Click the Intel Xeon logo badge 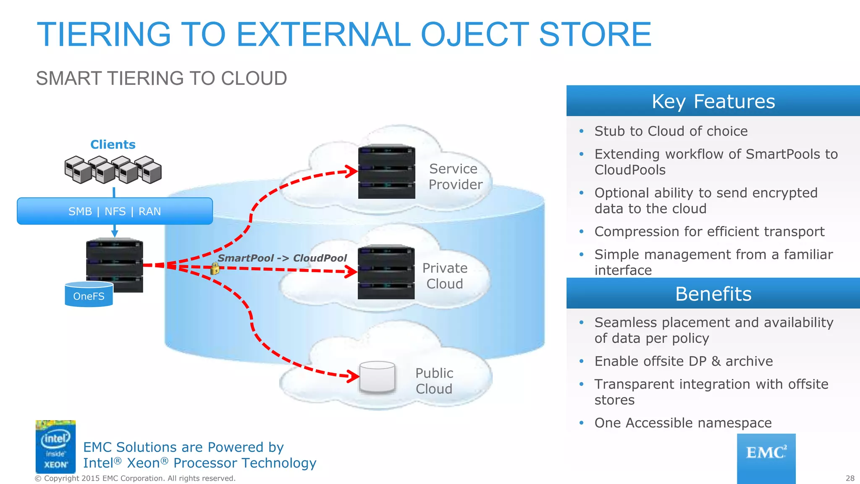click(x=55, y=446)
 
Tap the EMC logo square click(x=766, y=458)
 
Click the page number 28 click(x=850, y=478)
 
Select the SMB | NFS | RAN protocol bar click(x=115, y=211)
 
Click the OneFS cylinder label click(x=89, y=296)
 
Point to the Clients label click(x=113, y=145)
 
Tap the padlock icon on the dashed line click(x=215, y=268)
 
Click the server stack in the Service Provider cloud click(x=386, y=171)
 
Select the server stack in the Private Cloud click(x=386, y=272)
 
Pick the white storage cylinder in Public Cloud click(x=377, y=377)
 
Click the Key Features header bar click(x=713, y=101)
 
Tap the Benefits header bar click(x=713, y=294)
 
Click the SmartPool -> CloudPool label click(x=282, y=258)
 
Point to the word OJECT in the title click(x=475, y=34)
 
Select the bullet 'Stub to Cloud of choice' click(x=671, y=131)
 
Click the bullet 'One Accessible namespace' click(x=683, y=423)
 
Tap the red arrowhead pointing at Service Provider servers click(x=352, y=171)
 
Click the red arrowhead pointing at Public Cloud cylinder click(x=353, y=376)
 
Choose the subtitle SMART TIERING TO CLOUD click(x=161, y=79)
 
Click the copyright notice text click(x=135, y=478)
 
